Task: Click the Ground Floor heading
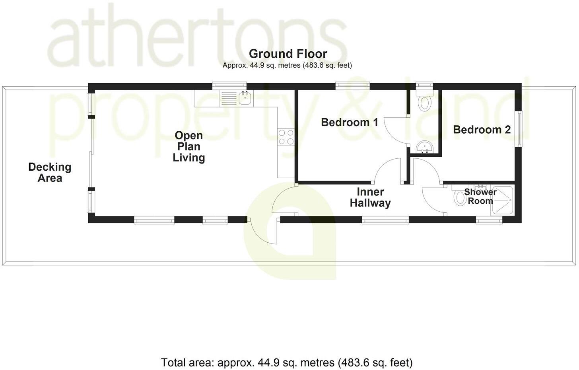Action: coord(288,54)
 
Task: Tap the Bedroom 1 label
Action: coord(349,122)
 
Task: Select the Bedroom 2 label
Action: coord(482,130)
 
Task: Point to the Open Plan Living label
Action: coord(189,146)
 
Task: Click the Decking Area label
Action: coord(50,172)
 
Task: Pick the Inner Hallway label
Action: coord(370,197)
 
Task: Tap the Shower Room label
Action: coord(480,197)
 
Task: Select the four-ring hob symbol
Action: coord(286,137)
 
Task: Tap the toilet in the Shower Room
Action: coord(460,197)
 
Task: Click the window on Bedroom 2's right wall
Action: coord(519,129)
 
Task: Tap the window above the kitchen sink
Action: coord(229,85)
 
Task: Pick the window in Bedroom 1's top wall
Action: coord(352,85)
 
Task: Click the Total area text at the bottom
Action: coord(287,363)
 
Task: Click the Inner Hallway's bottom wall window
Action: coord(385,219)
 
